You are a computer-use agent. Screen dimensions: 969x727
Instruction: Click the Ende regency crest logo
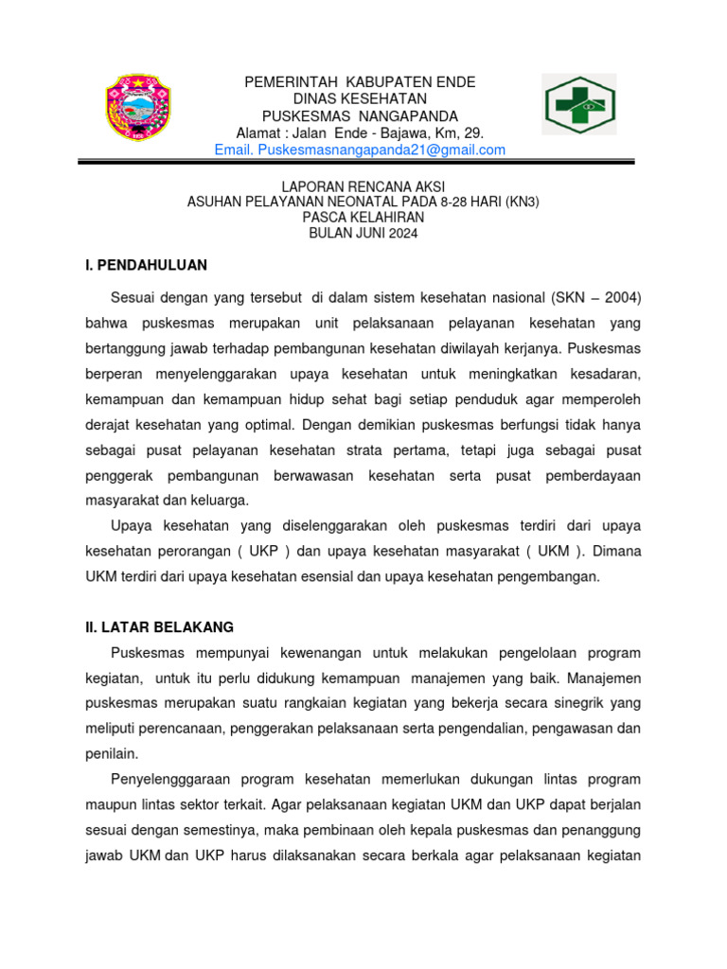[139, 108]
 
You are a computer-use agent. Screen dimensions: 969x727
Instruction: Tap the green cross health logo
[578, 106]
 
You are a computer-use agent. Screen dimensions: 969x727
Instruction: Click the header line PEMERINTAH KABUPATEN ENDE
[360, 82]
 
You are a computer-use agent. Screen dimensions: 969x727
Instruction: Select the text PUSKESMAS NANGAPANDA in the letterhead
[360, 116]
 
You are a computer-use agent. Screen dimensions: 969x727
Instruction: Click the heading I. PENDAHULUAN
[146, 265]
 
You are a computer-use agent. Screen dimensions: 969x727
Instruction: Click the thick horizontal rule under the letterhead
[363, 163]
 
